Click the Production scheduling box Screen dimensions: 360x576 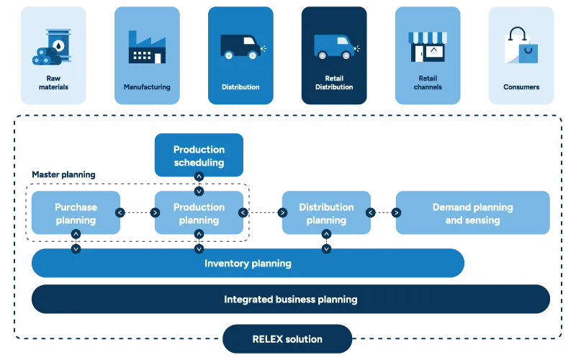click(199, 156)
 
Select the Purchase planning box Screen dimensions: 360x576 click(76, 213)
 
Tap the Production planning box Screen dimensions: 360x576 click(199, 213)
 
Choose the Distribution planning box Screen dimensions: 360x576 click(326, 213)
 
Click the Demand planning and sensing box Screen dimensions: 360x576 click(472, 213)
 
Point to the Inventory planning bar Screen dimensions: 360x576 click(248, 264)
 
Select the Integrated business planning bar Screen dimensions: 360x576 click(290, 299)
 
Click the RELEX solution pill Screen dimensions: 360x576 click(287, 338)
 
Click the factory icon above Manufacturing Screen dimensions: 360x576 click(147, 48)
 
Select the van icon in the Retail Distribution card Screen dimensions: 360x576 click(333, 48)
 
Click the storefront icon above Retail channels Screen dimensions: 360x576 click(427, 47)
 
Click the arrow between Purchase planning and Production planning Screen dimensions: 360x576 click(137, 212)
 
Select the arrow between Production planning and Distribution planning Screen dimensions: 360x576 click(261, 212)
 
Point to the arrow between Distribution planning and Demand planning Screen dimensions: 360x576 click(382, 212)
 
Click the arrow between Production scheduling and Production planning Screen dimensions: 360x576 click(199, 185)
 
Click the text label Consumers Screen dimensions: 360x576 click(521, 87)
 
